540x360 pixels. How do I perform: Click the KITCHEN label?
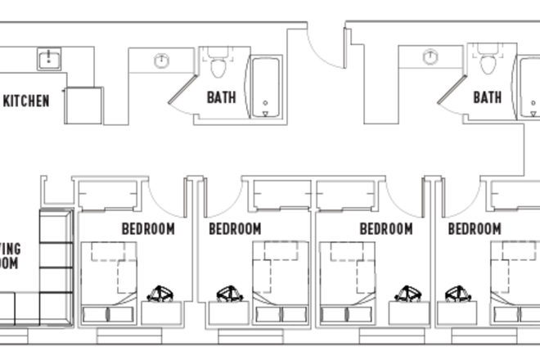[x=26, y=101]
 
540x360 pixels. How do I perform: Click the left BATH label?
[x=221, y=98]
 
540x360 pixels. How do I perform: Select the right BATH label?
[x=488, y=98]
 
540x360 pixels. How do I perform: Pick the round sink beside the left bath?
[x=162, y=59]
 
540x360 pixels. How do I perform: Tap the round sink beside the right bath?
[x=430, y=57]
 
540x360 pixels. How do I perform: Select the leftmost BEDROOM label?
[x=148, y=229]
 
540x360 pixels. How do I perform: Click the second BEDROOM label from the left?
[x=235, y=229]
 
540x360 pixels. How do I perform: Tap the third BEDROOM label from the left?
[x=385, y=229]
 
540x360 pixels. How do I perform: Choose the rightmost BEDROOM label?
[x=474, y=229]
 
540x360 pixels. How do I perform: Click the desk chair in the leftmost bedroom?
[x=160, y=293]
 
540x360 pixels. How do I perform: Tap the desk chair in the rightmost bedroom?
[x=458, y=293]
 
